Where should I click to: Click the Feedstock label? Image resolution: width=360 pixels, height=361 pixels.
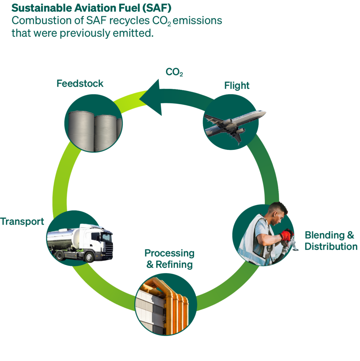coord(80,84)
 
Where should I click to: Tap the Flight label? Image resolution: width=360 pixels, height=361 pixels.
coord(237,86)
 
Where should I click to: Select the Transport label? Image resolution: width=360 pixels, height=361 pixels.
coord(22,221)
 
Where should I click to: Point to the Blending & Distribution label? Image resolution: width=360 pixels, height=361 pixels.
coord(331,240)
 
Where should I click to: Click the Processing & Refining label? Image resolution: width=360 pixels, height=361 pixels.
coord(169,258)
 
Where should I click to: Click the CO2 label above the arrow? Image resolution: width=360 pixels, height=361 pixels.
coord(174,72)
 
